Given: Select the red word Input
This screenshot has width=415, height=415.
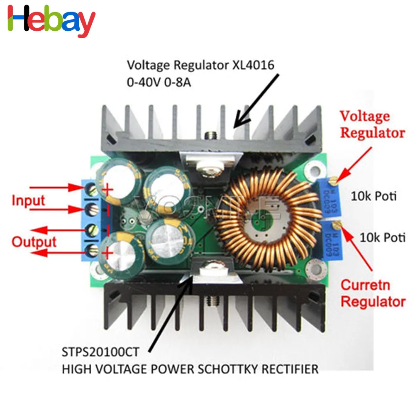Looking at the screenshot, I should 28,201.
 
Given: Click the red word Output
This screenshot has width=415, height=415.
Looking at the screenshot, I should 34,242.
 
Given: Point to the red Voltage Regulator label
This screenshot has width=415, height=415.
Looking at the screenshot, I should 372,124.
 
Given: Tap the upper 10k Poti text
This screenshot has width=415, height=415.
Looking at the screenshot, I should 373,196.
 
